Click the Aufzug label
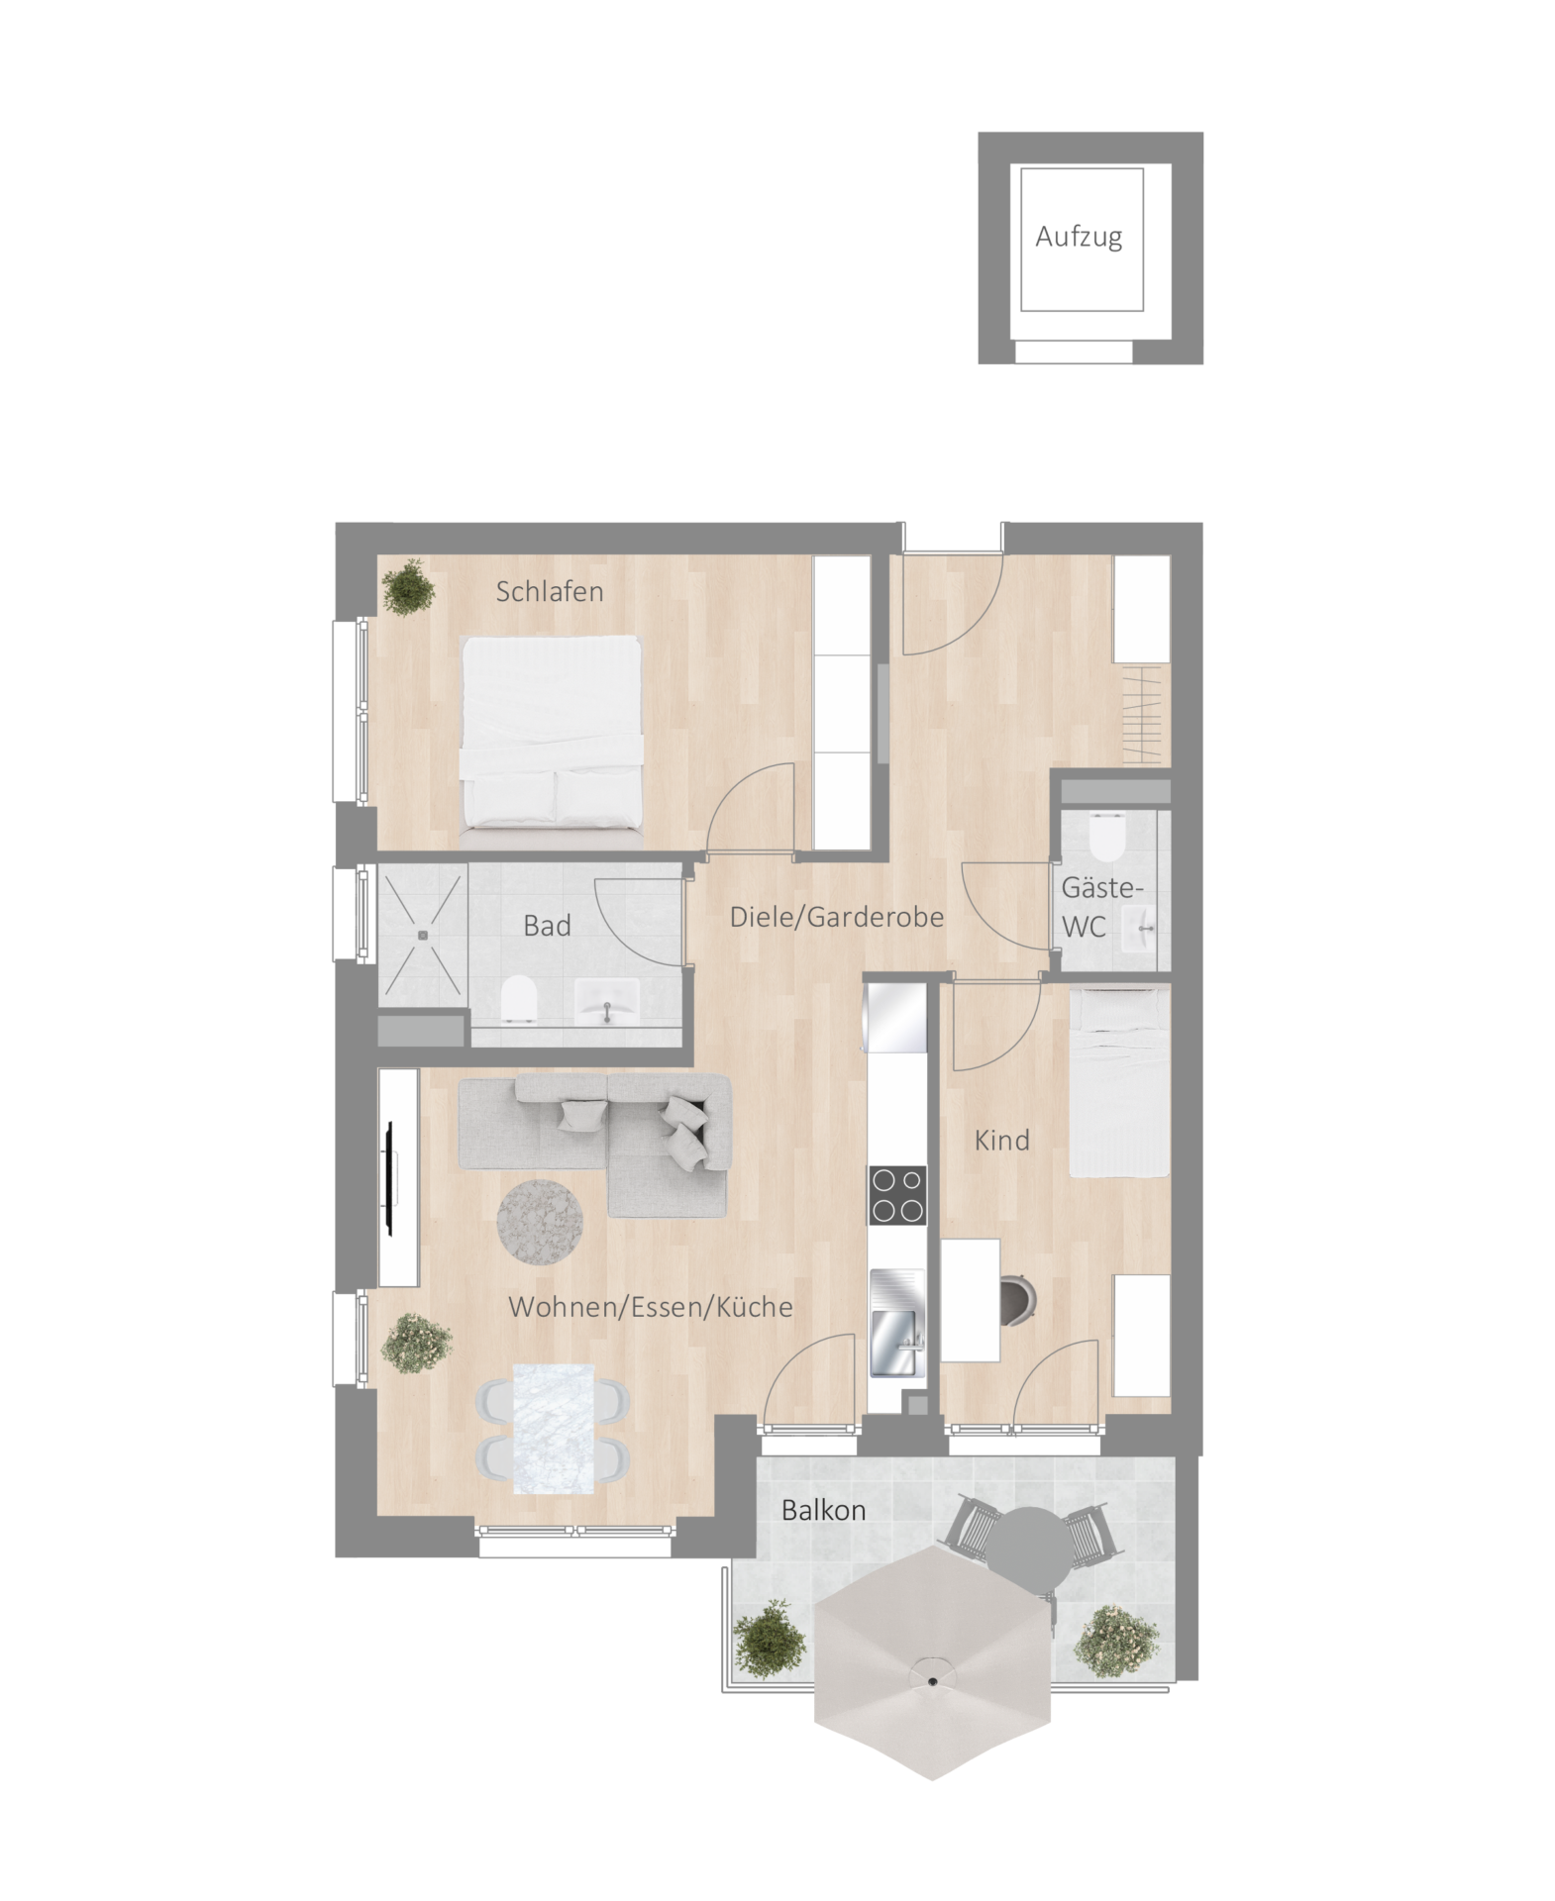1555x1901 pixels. [x=1078, y=238]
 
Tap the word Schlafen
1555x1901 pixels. [x=549, y=591]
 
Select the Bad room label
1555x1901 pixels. [x=547, y=926]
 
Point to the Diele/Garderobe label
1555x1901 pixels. [x=836, y=917]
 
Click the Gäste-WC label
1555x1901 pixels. [x=1100, y=907]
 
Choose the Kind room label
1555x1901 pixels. [x=1001, y=1140]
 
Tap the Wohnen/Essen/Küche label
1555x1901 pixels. [x=650, y=1306]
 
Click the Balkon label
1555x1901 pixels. [x=823, y=1510]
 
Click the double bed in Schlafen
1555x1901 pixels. [x=551, y=733]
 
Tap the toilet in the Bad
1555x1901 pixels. [x=519, y=999]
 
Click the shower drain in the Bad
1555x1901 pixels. [x=422, y=934]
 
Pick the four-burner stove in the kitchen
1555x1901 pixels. [x=897, y=1195]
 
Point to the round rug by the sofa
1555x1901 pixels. [x=541, y=1222]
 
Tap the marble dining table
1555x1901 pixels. [x=553, y=1428]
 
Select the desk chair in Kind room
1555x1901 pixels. [x=1018, y=1300]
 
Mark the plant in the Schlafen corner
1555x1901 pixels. [x=408, y=588]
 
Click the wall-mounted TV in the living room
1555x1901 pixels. [x=389, y=1178]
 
